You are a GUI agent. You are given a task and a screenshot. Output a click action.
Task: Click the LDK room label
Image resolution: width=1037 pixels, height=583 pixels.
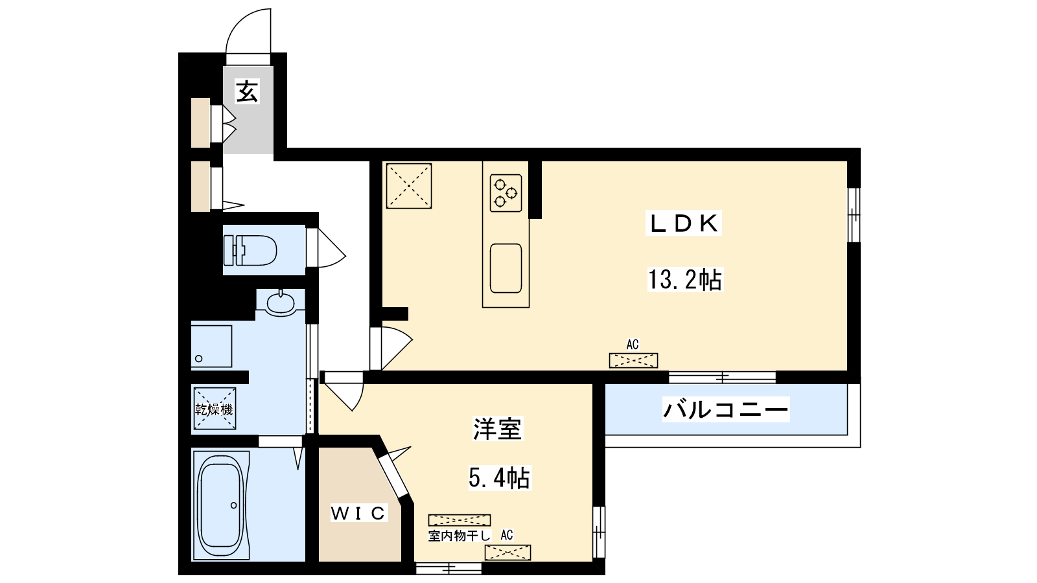point(684,224)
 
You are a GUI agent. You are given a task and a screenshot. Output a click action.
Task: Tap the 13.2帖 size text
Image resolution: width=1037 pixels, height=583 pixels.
point(684,279)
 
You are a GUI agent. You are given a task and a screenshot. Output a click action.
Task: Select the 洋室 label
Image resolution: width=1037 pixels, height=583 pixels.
point(497,428)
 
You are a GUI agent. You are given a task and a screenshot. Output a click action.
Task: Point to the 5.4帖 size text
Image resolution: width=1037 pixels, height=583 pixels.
point(499,478)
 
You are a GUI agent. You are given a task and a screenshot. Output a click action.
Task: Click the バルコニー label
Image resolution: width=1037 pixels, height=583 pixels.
point(725,409)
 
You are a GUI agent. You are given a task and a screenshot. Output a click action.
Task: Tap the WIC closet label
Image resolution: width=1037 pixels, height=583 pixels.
point(358,512)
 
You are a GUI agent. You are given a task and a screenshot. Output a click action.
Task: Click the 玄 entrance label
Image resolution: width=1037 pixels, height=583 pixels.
point(247,91)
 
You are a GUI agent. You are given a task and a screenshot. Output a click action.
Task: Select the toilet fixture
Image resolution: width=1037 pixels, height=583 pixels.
point(250,250)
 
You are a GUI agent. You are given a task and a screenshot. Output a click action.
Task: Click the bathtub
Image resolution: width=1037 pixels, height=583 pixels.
point(221,505)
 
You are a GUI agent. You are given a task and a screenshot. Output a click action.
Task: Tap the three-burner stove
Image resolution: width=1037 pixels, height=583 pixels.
point(506,193)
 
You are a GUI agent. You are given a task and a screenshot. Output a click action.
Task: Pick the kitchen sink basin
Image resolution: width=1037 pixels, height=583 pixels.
point(506,268)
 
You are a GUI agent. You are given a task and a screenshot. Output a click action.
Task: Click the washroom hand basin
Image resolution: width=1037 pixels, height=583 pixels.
point(281,303)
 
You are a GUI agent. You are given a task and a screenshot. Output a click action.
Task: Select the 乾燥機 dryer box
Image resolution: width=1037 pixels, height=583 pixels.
point(215,409)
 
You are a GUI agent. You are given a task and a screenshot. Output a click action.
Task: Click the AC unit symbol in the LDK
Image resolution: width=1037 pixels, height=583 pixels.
point(633,360)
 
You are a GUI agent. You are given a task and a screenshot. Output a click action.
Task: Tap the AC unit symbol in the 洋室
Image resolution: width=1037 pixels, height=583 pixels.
point(507,553)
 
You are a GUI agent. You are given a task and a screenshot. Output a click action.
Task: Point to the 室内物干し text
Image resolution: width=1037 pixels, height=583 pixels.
point(459,536)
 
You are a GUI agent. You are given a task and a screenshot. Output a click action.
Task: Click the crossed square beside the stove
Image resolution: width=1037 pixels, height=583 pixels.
point(409,186)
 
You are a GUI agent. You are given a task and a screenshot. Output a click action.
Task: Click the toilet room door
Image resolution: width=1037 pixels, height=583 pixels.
point(326,248)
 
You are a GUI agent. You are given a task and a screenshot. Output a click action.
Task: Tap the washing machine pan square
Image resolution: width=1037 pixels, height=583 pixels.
point(211,347)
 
